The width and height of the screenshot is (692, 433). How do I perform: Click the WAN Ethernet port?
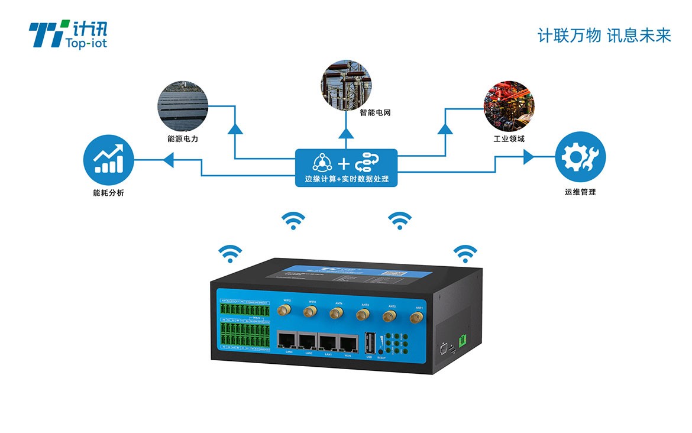point(348,341)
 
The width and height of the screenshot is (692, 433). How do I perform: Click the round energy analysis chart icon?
point(108,160)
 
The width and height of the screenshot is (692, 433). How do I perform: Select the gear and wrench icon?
point(580,157)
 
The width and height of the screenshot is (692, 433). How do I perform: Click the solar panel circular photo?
point(183,106)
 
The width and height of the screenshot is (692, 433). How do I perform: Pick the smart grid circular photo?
point(346,82)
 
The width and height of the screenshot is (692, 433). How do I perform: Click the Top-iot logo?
point(68,34)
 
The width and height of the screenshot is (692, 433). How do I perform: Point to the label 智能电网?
point(375,112)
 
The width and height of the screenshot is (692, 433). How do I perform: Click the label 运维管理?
point(580,192)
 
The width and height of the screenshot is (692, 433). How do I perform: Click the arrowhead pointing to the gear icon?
point(528,157)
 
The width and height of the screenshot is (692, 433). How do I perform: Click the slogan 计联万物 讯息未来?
point(604,35)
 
